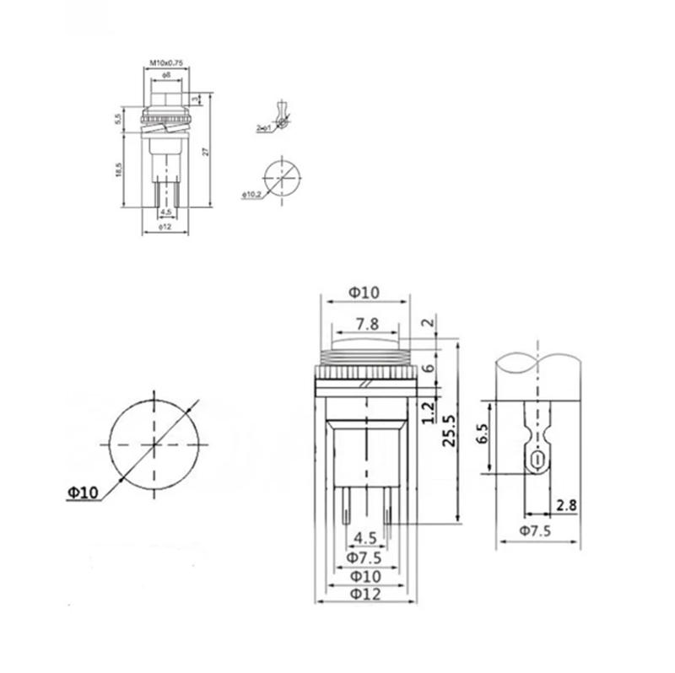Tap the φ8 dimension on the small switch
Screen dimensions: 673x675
pos(166,76)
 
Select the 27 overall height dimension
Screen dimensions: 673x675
pos(206,152)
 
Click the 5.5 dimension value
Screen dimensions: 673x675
pos(118,120)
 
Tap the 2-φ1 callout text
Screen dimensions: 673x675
pos(262,128)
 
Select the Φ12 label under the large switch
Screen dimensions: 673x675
pos(364,594)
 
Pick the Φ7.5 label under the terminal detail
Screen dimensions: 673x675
pos(537,530)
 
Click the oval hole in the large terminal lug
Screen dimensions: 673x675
pos(535,460)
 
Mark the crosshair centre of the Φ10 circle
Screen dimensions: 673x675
pos(154,444)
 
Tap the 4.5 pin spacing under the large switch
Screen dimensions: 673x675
pos(364,537)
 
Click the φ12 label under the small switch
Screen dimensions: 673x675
pos(166,226)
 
